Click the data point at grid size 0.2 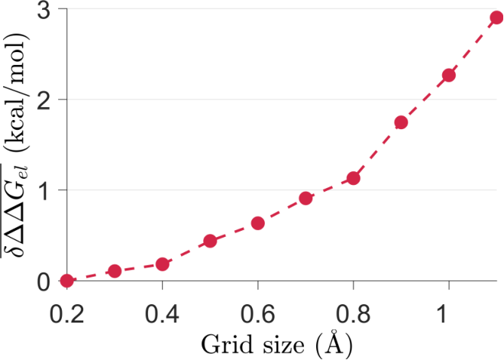click(x=67, y=281)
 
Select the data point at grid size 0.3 click(x=115, y=271)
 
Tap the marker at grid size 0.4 click(x=163, y=264)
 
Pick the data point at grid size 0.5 click(x=210, y=241)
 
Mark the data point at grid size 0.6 click(x=258, y=223)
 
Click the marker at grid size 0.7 click(x=305, y=198)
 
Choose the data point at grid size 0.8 click(x=354, y=178)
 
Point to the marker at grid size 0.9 click(x=401, y=122)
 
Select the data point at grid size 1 click(x=449, y=75)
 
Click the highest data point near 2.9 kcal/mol click(x=496, y=18)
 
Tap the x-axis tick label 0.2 click(x=67, y=313)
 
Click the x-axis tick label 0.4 click(x=162, y=313)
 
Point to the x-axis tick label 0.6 click(x=258, y=313)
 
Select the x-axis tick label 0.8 click(x=354, y=313)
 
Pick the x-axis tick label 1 click(x=443, y=313)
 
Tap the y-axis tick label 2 click(x=43, y=99)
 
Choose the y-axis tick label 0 click(x=44, y=281)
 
